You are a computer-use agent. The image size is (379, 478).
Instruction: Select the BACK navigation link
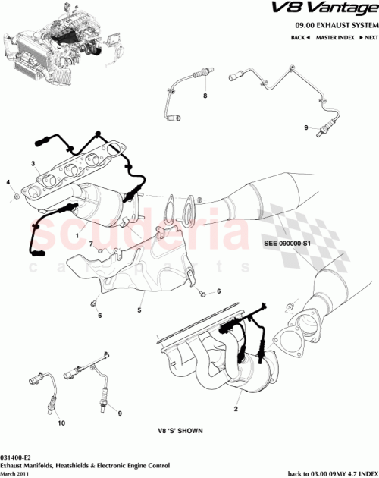(299, 37)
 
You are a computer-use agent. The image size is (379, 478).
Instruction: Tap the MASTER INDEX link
(337, 37)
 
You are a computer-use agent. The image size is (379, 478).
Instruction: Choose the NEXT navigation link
(369, 37)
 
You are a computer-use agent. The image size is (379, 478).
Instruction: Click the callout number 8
(204, 98)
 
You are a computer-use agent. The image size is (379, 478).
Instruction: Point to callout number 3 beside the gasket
(33, 164)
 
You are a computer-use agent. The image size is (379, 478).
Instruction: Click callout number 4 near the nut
(8, 183)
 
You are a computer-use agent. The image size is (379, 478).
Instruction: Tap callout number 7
(89, 244)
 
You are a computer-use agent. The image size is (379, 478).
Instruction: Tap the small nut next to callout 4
(16, 198)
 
